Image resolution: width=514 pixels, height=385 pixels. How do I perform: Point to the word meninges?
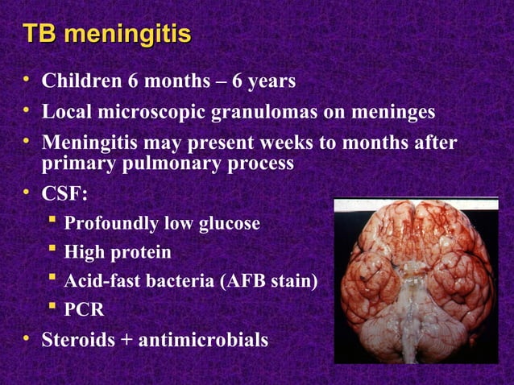click(396, 113)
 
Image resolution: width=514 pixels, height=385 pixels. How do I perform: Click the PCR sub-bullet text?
click(84, 310)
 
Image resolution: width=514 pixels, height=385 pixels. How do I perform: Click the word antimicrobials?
click(204, 340)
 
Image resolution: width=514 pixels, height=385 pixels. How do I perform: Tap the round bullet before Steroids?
click(27, 338)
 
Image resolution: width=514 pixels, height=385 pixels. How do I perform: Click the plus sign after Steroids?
click(127, 341)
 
